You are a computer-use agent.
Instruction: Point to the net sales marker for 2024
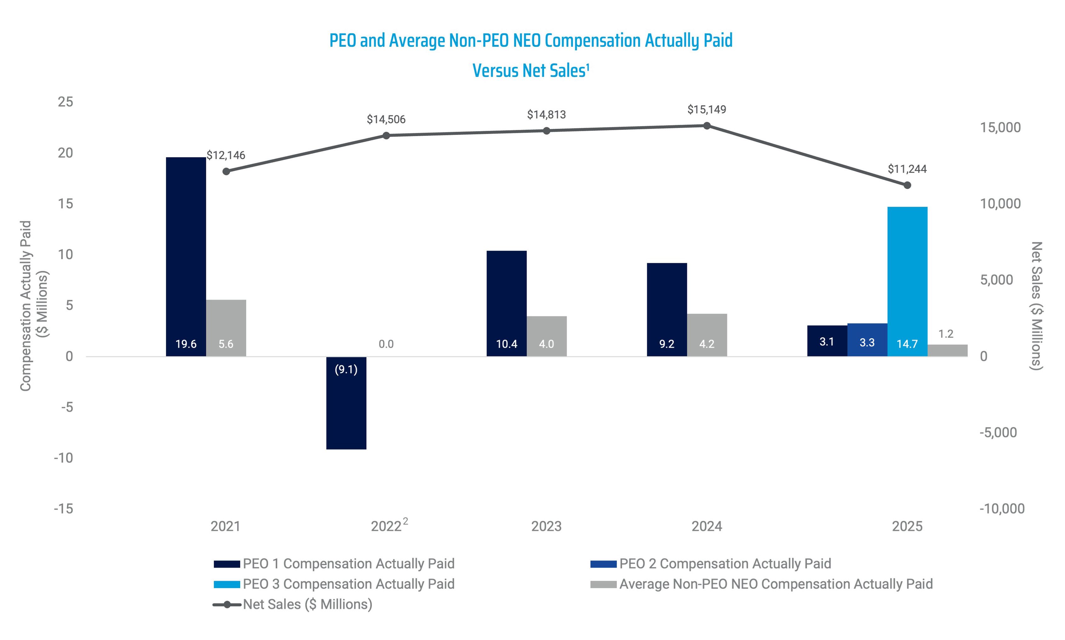tap(707, 125)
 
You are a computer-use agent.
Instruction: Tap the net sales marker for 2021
tap(226, 171)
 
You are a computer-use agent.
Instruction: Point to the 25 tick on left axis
tap(65, 102)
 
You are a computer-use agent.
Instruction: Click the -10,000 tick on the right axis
tap(1001, 509)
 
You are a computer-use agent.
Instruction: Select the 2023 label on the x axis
tap(546, 526)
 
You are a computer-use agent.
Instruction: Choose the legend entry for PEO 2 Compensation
tap(724, 564)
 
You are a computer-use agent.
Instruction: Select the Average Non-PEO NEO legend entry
tap(775, 584)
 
